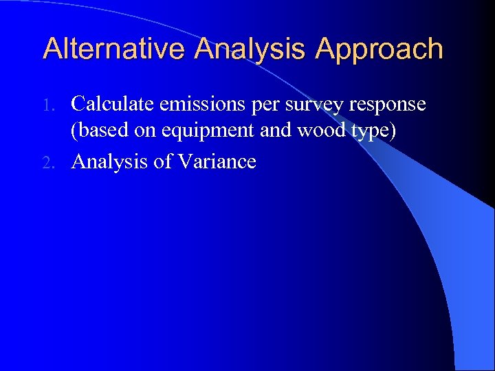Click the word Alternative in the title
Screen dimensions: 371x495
click(x=114, y=49)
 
